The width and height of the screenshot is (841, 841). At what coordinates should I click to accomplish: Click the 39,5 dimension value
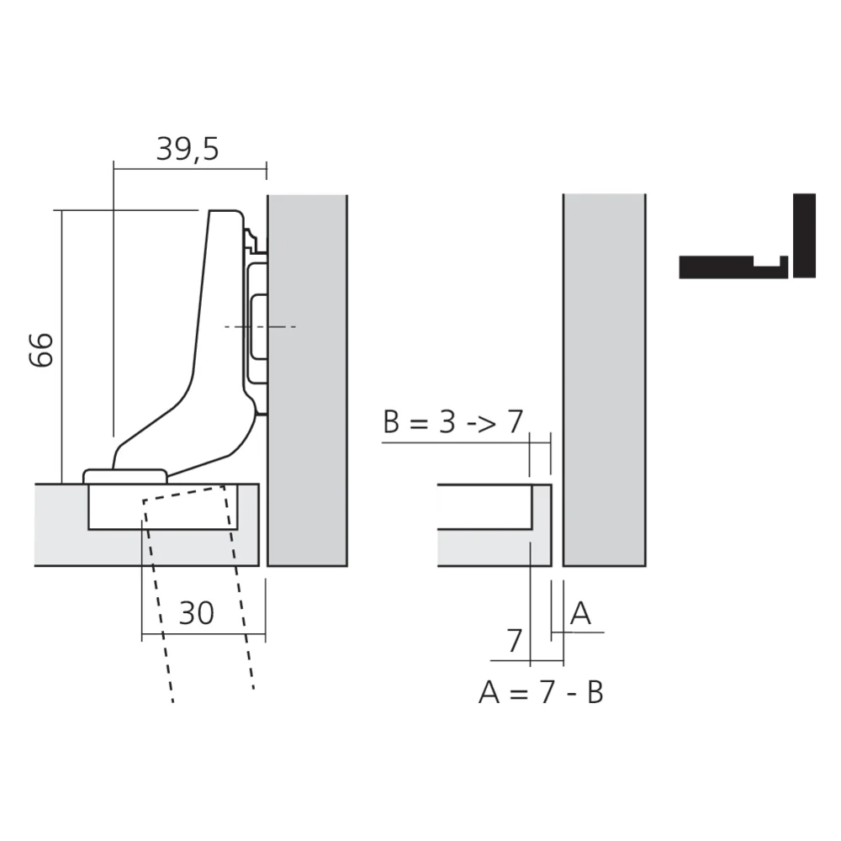point(187,149)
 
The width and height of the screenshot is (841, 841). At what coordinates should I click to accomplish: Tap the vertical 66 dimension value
point(42,349)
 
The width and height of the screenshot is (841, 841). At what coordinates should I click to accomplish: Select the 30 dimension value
point(197,613)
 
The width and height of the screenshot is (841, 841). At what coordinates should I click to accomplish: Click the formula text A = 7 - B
point(541,693)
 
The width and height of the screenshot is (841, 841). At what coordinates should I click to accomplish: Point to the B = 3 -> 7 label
point(452,421)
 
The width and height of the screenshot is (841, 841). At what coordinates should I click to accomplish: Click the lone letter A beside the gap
point(580,614)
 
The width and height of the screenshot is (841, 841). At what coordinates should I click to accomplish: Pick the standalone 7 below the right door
point(515,641)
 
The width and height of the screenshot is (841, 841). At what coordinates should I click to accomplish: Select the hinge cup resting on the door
point(126,476)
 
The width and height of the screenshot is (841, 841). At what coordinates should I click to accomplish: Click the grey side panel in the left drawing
point(307,378)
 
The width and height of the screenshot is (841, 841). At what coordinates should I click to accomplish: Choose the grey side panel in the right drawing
point(603,378)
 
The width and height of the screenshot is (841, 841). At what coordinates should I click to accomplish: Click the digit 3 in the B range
point(449,421)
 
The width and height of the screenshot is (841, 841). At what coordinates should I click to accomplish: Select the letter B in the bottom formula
point(595,693)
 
